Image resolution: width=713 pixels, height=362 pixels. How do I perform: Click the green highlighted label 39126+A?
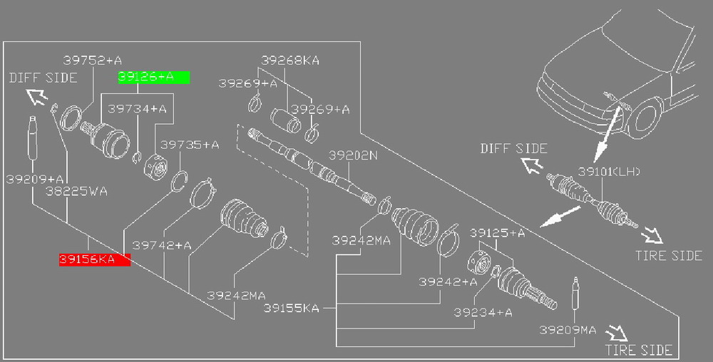click(154, 78)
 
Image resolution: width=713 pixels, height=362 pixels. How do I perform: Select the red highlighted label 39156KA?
click(95, 260)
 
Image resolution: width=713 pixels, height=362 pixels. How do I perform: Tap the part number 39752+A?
click(92, 61)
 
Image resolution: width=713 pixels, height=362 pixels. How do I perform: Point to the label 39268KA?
click(290, 61)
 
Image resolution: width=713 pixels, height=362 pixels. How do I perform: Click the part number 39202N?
click(354, 156)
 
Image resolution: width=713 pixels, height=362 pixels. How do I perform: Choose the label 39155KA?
click(292, 309)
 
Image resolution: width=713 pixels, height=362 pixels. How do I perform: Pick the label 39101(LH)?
click(609, 172)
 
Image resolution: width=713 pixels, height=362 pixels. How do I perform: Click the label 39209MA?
click(568, 330)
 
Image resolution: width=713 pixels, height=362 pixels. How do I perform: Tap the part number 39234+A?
click(483, 313)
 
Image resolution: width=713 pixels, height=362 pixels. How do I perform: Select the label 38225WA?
click(76, 191)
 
